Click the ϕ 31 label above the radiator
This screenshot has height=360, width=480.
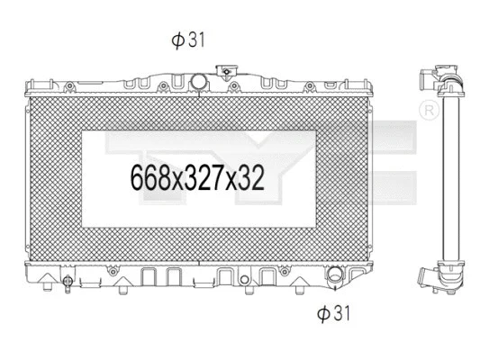[x=189, y=40]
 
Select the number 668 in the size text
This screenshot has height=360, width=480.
[x=149, y=177]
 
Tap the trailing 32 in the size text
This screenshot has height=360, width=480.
[x=252, y=177]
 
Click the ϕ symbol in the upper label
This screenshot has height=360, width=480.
[x=177, y=40]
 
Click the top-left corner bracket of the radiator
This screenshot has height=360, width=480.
[x=24, y=87]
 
